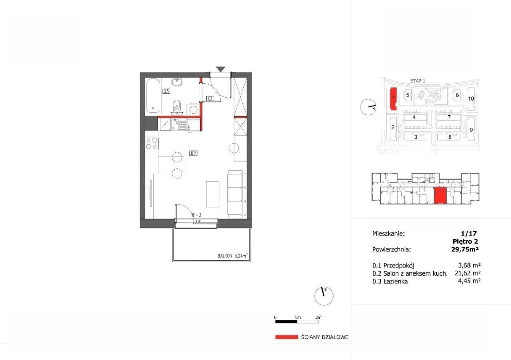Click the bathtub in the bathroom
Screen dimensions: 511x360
click(153, 96)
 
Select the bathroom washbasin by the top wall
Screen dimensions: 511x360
click(177, 82)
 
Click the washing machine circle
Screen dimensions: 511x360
click(193, 110)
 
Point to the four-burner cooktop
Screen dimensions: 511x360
click(152, 143)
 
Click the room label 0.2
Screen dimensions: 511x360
click(193, 153)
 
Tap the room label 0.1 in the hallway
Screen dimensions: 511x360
click(210, 99)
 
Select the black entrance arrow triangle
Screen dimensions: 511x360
click(221, 69)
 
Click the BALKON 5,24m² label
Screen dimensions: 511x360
click(233, 256)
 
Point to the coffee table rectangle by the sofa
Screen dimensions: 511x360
click(212, 194)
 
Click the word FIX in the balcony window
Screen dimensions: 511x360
click(198, 221)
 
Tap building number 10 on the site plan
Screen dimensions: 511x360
click(471, 99)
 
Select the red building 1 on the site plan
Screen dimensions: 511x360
click(393, 99)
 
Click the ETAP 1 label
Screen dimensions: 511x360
click(418, 81)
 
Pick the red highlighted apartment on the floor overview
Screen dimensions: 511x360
click(440, 195)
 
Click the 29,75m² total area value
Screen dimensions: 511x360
click(465, 249)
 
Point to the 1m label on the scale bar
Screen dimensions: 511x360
click(298, 317)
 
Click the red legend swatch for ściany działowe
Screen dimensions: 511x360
click(287, 337)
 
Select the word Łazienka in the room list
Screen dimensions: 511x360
click(396, 281)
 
